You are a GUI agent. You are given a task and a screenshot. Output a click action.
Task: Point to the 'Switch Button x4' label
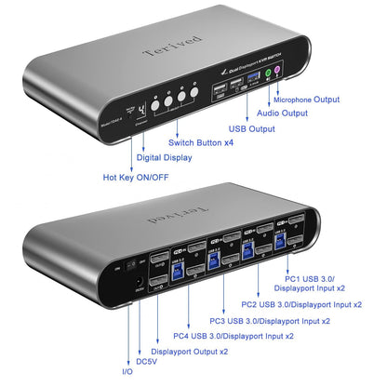pyautogui.click(x=200, y=142)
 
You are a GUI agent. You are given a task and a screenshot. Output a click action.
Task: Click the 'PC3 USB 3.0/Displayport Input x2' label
pyautogui.click(x=271, y=319)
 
